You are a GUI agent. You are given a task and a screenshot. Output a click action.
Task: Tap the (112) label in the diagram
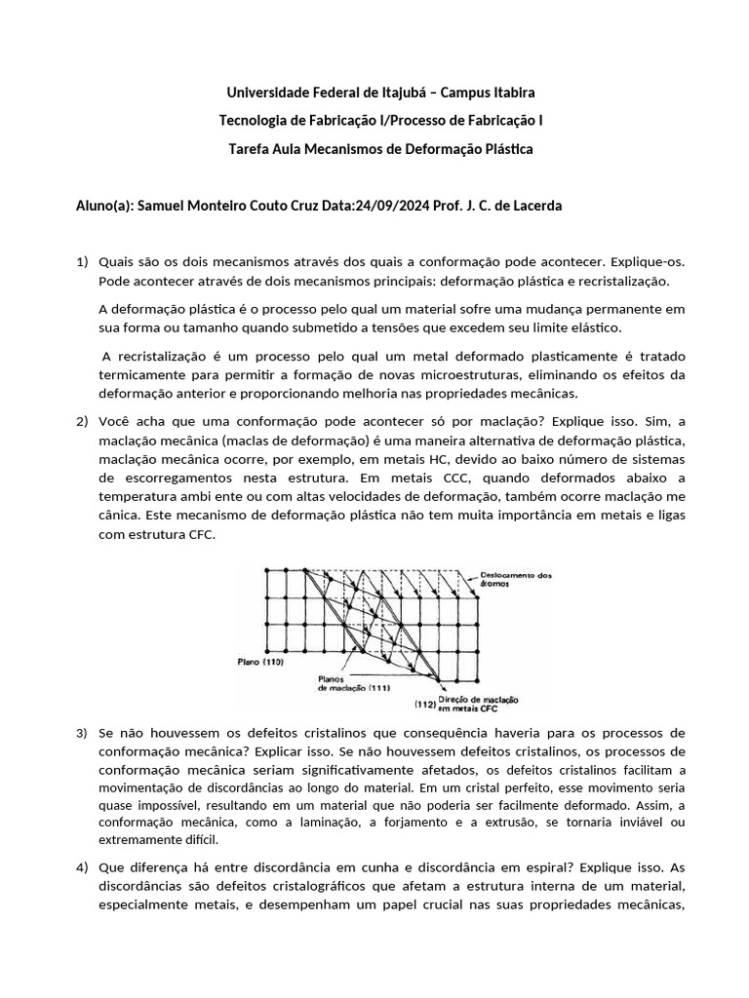point(426,703)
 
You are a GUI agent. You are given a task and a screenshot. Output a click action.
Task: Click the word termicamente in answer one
point(142,375)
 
